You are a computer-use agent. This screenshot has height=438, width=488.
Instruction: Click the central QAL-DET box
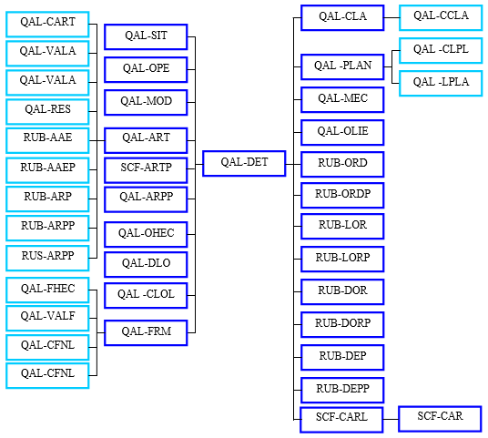pos(244,163)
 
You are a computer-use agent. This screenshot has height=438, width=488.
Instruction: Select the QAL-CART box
pos(47,25)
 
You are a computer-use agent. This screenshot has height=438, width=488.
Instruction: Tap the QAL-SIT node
pos(146,36)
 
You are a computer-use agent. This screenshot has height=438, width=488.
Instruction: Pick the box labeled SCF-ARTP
pos(146,170)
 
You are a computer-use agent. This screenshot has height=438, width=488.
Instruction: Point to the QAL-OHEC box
pos(146,234)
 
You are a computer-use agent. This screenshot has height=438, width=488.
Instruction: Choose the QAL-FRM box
pos(146,332)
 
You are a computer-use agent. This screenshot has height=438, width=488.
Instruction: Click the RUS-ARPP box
pos(47,258)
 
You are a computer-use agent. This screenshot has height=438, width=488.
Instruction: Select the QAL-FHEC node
pos(47,290)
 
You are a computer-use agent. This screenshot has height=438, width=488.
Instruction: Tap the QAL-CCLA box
pos(441,17)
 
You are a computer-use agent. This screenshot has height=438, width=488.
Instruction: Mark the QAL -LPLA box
pos(441,83)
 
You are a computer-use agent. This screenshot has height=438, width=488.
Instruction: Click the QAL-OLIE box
pos(342,132)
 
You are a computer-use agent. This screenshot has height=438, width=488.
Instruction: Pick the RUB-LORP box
pos(342,259)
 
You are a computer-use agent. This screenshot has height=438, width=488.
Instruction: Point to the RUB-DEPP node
pos(342,390)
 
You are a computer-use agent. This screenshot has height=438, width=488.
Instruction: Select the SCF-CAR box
pos(440,419)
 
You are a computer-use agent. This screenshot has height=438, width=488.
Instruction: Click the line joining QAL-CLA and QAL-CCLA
pos(391,17)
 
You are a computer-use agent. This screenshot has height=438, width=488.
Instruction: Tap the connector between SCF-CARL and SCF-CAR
pos(391,419)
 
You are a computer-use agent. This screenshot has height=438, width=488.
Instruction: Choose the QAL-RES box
pos(47,111)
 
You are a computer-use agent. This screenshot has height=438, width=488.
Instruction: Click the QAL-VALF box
pos(47,318)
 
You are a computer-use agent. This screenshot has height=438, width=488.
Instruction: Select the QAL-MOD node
pos(146,102)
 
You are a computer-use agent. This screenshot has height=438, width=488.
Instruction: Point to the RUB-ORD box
pos(342,164)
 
